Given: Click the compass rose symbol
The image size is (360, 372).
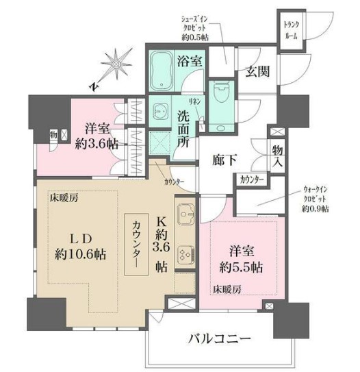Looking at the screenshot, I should click(118, 63).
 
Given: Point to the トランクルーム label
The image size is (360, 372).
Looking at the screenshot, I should click(291, 30).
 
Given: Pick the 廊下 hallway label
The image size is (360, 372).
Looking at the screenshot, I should click(224, 159).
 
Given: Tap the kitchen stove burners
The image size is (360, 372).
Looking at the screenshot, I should click(185, 254).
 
